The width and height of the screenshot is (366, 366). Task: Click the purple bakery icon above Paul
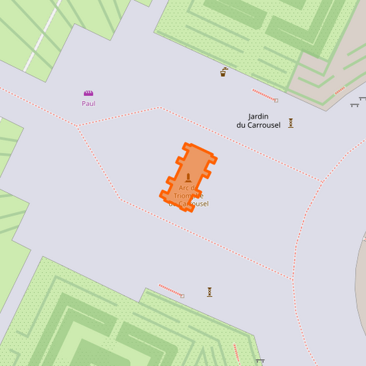(x=89, y=93)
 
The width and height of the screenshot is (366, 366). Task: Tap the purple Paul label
(x=89, y=104)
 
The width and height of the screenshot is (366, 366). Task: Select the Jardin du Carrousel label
(x=258, y=120)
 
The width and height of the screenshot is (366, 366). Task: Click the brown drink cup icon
(x=224, y=71)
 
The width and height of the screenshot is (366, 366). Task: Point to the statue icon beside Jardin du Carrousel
(x=290, y=123)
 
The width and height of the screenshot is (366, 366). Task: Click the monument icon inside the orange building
(x=188, y=177)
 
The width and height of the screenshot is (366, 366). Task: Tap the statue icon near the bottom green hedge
(x=209, y=292)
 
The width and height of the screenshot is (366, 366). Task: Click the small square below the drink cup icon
(x=276, y=100)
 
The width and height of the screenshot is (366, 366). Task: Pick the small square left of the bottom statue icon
(x=182, y=296)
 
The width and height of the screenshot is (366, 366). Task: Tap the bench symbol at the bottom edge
(x=260, y=361)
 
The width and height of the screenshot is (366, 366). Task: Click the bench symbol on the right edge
(x=355, y=105)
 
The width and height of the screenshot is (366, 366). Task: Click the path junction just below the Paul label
(x=78, y=126)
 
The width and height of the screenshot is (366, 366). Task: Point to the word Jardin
(x=258, y=116)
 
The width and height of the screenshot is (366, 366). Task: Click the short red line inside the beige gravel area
(x=339, y=91)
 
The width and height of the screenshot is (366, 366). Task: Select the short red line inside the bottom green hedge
(x=236, y=352)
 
